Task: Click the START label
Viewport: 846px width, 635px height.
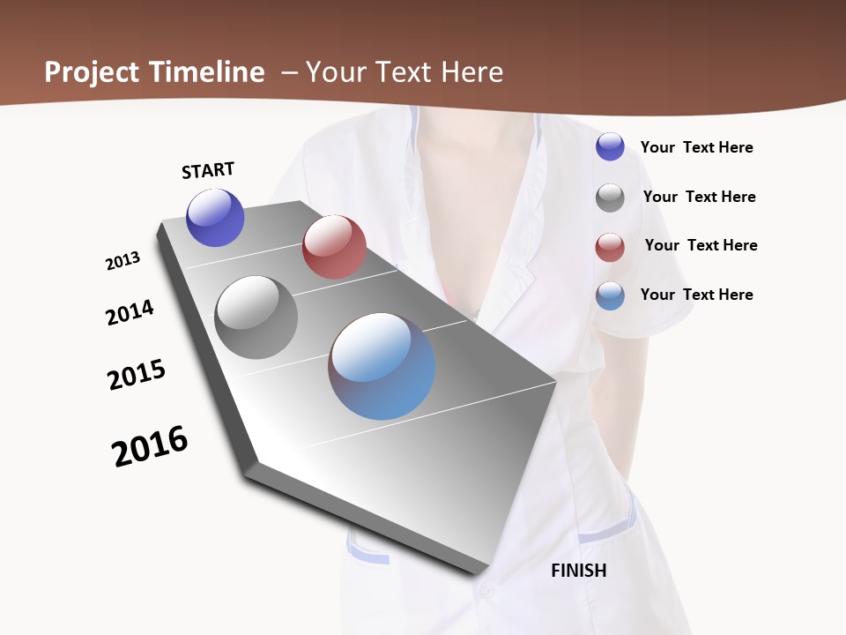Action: click(x=208, y=170)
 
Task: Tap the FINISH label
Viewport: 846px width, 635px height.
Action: click(x=579, y=571)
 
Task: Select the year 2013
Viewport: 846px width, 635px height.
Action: click(x=122, y=261)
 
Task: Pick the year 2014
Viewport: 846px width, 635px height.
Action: click(x=130, y=312)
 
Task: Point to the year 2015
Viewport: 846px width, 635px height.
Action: click(x=137, y=375)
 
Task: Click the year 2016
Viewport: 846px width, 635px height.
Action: click(x=150, y=446)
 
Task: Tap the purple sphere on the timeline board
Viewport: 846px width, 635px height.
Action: click(x=215, y=218)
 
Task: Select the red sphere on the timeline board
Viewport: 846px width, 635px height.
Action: click(x=334, y=247)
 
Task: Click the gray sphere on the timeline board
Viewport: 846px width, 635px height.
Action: click(x=256, y=317)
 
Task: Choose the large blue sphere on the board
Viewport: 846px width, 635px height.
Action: click(x=382, y=366)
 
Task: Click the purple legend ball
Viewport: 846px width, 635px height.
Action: click(x=610, y=146)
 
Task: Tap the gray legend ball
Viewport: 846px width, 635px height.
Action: click(x=610, y=198)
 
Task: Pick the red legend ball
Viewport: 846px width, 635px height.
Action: click(x=610, y=247)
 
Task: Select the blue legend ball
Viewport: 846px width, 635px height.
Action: click(x=610, y=295)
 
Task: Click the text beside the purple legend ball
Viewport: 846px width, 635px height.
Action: click(x=696, y=147)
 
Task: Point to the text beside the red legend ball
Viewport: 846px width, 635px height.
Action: click(x=701, y=245)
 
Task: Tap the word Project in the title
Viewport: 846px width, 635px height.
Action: click(x=92, y=72)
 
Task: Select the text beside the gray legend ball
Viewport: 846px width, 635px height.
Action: click(x=699, y=197)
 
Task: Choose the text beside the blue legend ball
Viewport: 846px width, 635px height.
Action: click(x=696, y=295)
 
